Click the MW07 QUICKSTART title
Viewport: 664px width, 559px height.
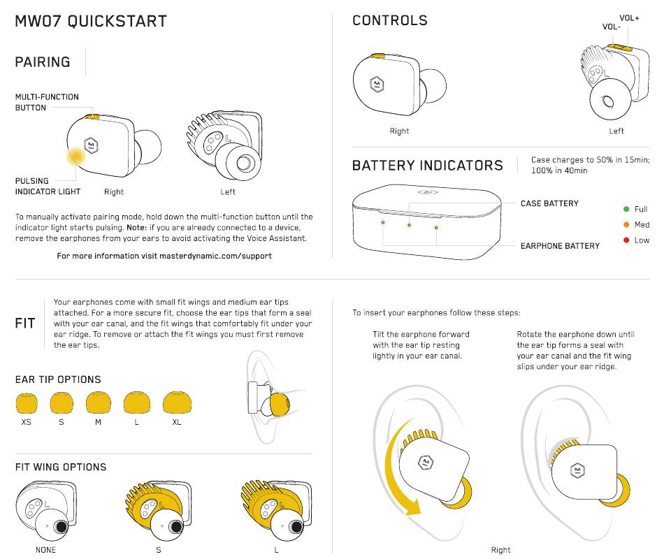[91, 21]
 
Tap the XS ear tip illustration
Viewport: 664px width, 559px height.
[27, 403]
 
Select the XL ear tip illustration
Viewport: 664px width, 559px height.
[177, 403]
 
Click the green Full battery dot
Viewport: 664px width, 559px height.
[626, 209]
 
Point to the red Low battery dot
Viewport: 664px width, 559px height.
[626, 240]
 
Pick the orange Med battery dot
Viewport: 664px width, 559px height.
[626, 224]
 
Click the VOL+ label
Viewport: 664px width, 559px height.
[629, 17]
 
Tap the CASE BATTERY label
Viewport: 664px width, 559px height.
[549, 203]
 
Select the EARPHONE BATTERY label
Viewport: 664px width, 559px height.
[560, 246]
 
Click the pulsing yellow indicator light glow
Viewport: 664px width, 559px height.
[75, 157]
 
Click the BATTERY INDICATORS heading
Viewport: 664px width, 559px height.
[427, 166]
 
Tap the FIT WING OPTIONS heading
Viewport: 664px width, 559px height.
[61, 467]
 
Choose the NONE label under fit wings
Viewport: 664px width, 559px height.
[45, 550]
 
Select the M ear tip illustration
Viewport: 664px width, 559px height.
[99, 403]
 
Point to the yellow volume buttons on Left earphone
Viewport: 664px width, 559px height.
[619, 48]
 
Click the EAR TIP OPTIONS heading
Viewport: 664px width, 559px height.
[58, 379]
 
